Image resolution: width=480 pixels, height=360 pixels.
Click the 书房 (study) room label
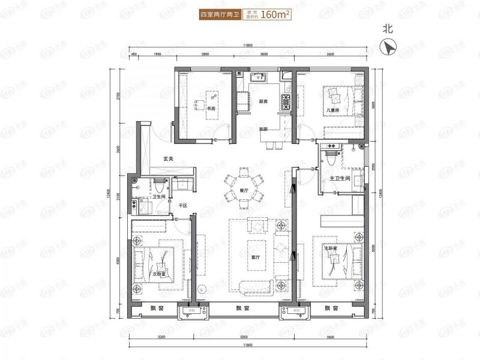[x=211, y=109]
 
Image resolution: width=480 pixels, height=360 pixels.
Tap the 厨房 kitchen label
[x=263, y=101]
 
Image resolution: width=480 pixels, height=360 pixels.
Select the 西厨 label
[x=263, y=129]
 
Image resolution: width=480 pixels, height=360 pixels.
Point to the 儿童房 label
[x=333, y=110]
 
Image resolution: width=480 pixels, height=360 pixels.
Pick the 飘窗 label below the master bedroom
[x=332, y=308]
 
